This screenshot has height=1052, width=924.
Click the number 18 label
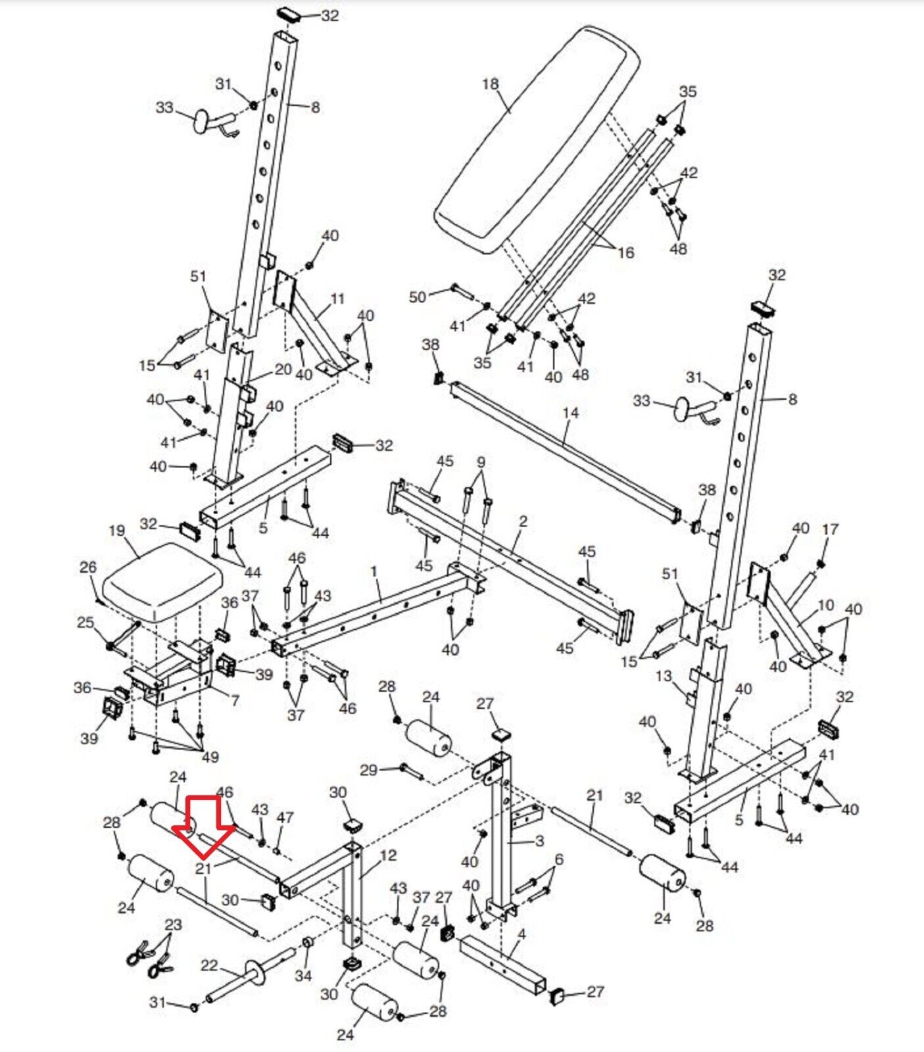click(491, 84)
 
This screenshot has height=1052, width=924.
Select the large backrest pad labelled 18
click(536, 138)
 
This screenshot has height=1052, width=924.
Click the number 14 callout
click(570, 413)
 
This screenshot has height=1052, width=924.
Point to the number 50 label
click(418, 297)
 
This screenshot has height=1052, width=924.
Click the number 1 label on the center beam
click(374, 571)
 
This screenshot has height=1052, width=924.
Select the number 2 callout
click(523, 521)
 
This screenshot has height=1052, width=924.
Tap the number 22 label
click(209, 965)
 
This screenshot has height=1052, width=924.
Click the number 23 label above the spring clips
click(173, 924)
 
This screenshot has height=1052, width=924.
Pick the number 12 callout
click(389, 855)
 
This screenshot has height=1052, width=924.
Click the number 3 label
click(539, 841)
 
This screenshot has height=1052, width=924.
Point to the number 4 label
click(522, 934)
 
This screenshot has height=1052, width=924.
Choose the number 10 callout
click(825, 605)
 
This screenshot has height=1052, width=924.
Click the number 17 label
click(830, 529)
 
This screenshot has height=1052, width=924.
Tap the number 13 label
click(664, 675)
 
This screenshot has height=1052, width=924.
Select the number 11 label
click(337, 299)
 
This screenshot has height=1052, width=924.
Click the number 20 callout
click(283, 370)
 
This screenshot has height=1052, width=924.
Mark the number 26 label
click(88, 567)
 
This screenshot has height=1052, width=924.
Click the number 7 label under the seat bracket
click(235, 700)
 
